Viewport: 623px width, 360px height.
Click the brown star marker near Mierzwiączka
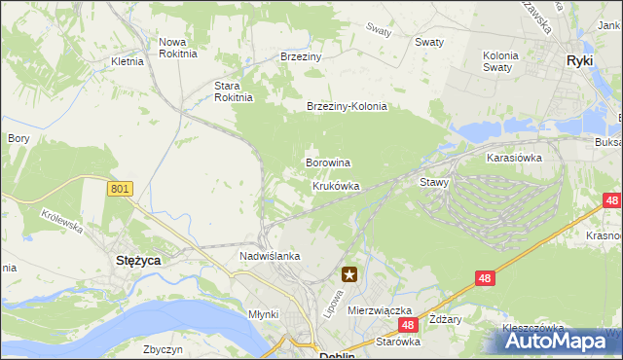point(348,275)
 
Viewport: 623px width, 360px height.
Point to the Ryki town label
point(581,60)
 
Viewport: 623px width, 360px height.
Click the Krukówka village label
point(336,185)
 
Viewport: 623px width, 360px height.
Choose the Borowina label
point(328,162)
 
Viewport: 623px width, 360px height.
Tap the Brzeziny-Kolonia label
point(347,107)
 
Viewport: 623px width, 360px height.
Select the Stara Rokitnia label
point(234,91)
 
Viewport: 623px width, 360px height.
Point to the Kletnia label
point(128,61)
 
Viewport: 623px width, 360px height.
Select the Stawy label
point(433,182)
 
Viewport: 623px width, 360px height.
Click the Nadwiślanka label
point(270,256)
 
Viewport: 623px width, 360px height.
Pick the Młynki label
point(263,314)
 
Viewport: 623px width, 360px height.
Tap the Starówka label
point(398,342)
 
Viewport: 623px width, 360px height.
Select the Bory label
point(18,139)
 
